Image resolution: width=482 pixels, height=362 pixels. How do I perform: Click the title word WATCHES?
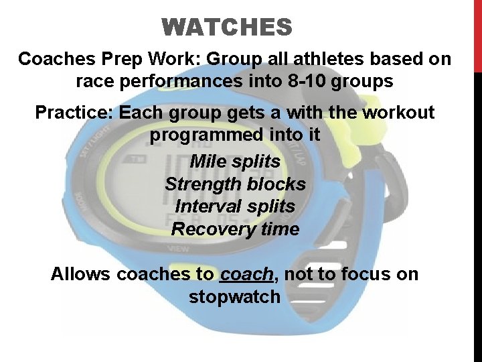click(x=227, y=27)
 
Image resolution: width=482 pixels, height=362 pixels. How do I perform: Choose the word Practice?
click(x=74, y=112)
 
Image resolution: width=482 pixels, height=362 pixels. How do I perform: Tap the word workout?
click(x=399, y=112)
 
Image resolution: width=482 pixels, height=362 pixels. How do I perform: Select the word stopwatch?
click(x=234, y=297)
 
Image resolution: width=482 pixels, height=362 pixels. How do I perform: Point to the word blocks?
click(x=278, y=184)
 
